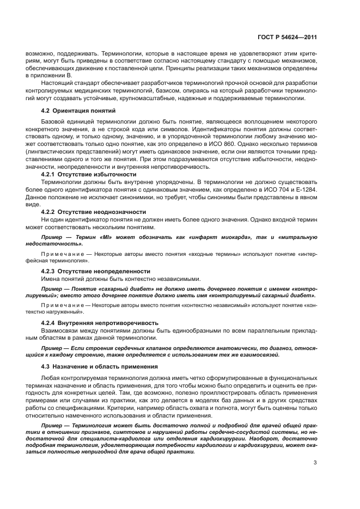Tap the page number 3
tap(315, 463)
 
